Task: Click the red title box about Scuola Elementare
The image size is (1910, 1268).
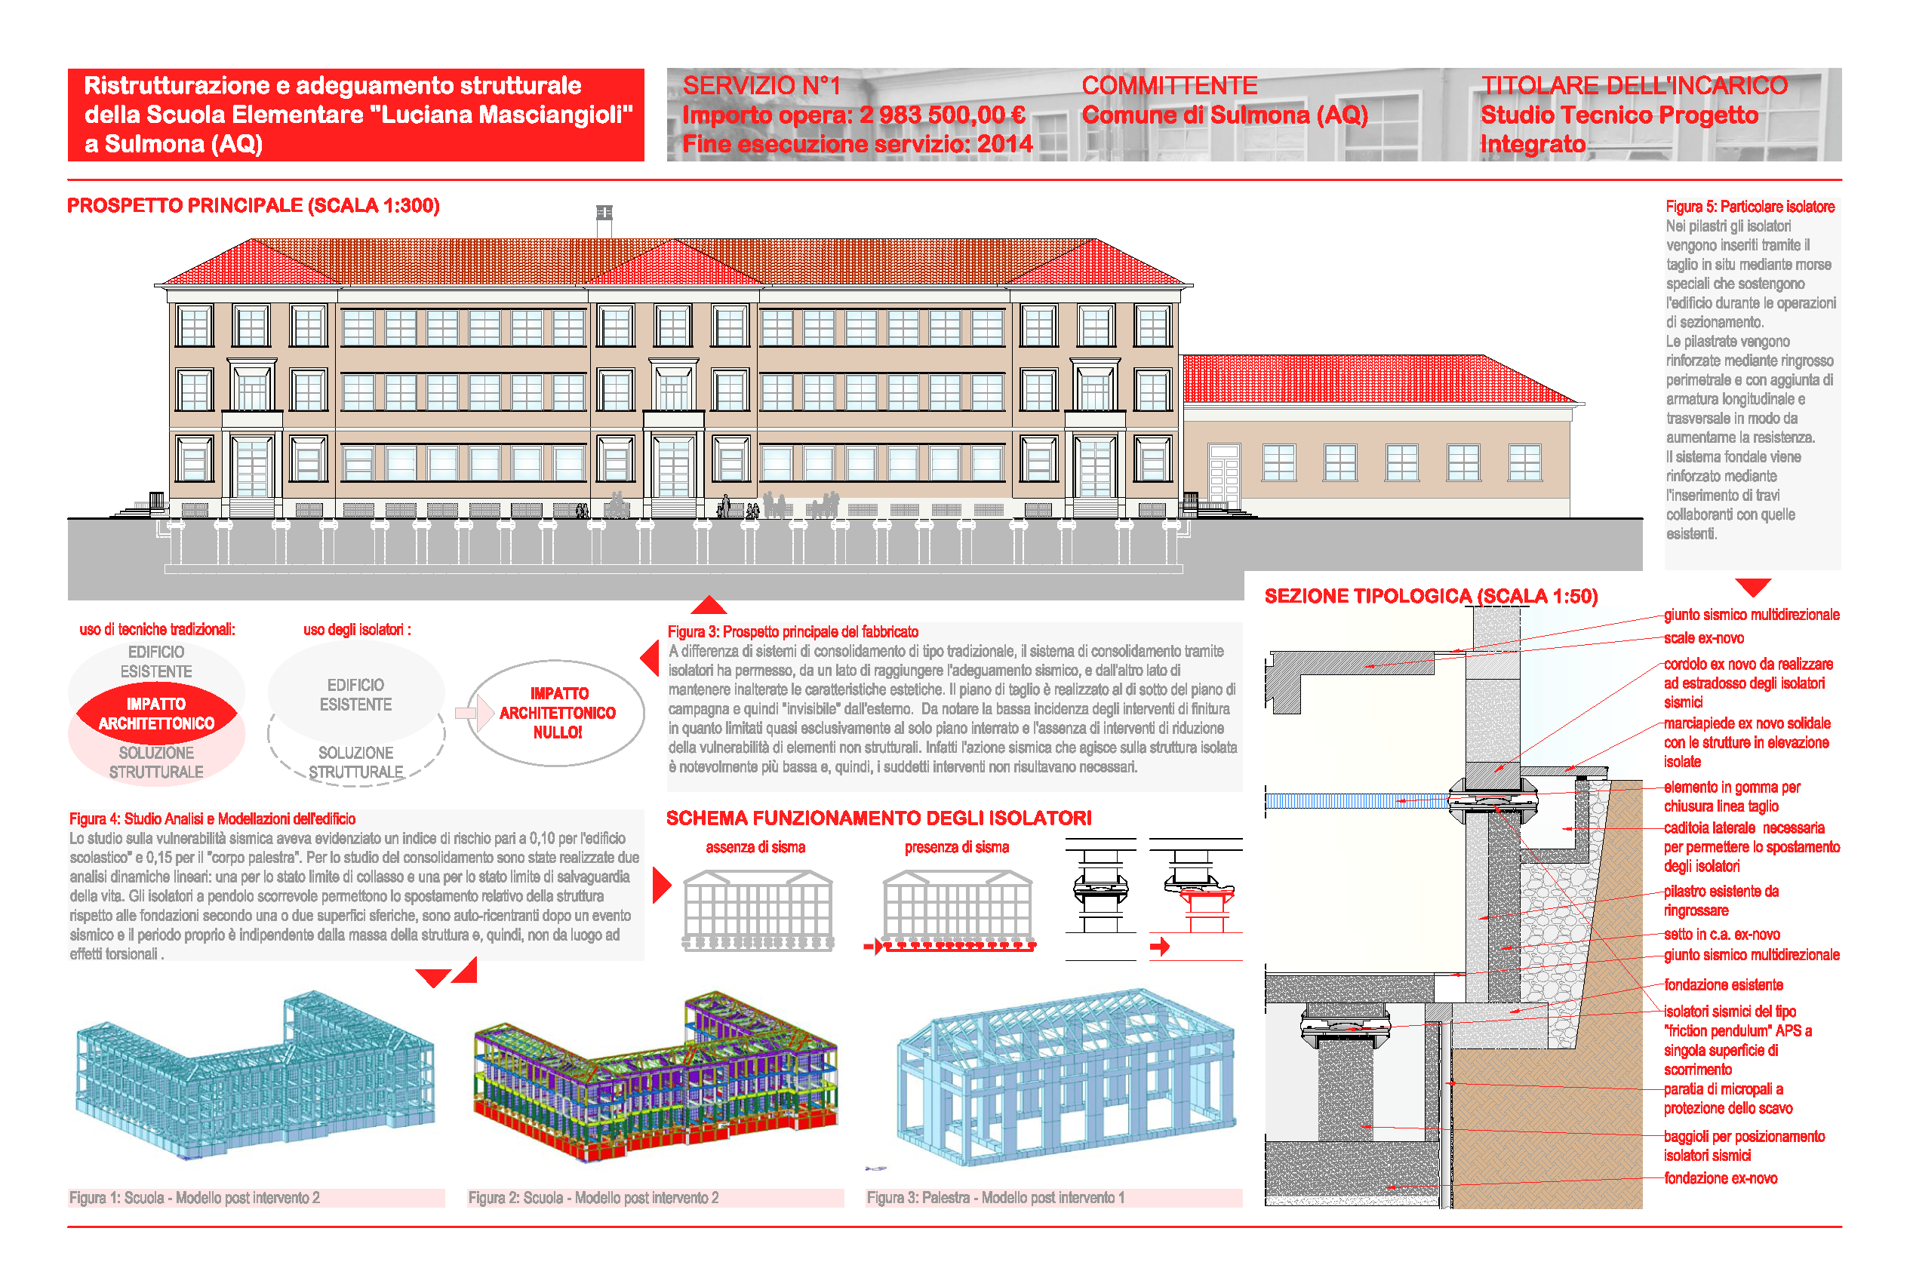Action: pos(356,115)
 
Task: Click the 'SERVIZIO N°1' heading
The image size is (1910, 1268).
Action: pos(761,86)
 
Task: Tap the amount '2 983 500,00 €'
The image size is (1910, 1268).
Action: pos(942,115)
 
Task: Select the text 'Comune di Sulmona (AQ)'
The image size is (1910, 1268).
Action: pos(1224,115)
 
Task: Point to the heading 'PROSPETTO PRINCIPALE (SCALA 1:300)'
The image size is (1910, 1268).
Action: pos(254,205)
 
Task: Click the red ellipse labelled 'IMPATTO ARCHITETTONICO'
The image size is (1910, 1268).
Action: pos(156,714)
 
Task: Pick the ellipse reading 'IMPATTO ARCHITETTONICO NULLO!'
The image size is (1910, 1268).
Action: pos(557,712)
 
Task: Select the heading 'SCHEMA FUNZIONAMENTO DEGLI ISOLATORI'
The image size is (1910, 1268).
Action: pos(878,818)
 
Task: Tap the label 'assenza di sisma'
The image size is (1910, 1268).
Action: pos(755,846)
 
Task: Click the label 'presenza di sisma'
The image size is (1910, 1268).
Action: pos(956,846)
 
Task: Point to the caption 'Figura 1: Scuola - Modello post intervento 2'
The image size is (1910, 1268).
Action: pos(194,1198)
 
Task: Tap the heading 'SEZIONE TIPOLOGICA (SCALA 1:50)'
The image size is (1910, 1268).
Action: pos(1430,596)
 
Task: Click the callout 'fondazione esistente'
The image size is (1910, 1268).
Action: pos(1722,984)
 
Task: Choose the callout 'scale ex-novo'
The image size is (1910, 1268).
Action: pos(1703,638)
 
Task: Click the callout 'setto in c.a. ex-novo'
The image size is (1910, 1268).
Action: pos(1721,934)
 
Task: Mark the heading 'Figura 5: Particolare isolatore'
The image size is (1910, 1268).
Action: pos(1749,206)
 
